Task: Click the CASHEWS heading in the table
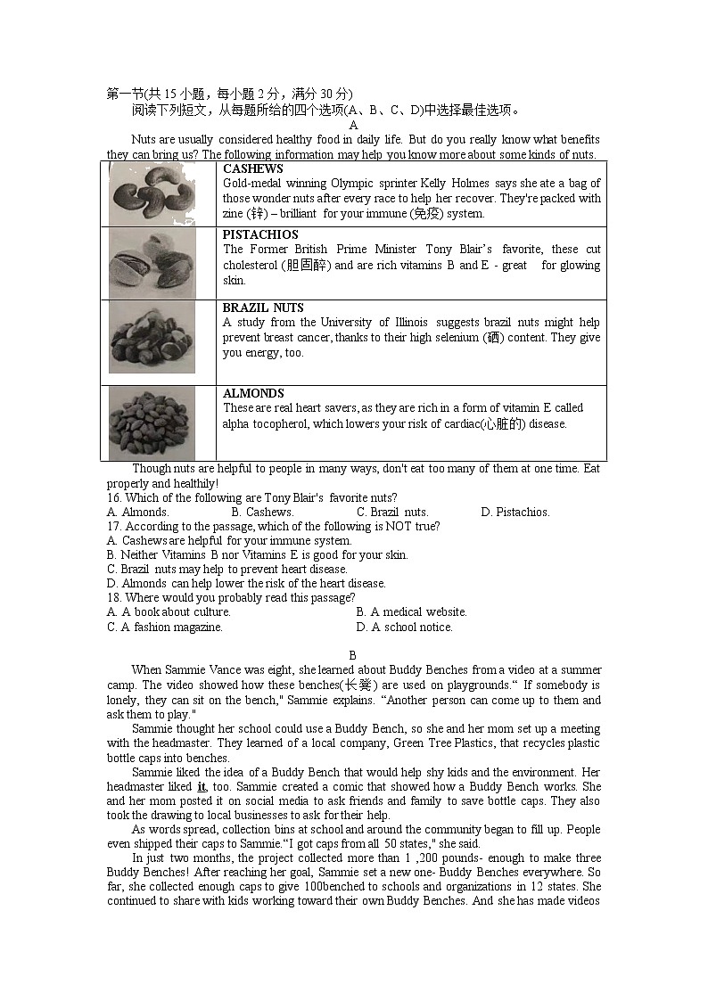click(x=252, y=168)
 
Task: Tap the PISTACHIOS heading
click(x=260, y=235)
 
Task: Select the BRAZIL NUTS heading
click(x=263, y=308)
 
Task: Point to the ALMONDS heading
click(x=253, y=393)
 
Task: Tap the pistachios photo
click(x=152, y=264)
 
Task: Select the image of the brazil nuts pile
click(x=152, y=336)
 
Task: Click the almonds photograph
click(x=152, y=422)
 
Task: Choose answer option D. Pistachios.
click(x=515, y=513)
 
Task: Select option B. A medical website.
click(x=411, y=612)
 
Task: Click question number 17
click(x=114, y=527)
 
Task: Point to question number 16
click(x=114, y=498)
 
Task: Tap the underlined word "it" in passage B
click(x=202, y=787)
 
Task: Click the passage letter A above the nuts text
click(x=353, y=126)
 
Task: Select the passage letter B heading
click(x=352, y=655)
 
